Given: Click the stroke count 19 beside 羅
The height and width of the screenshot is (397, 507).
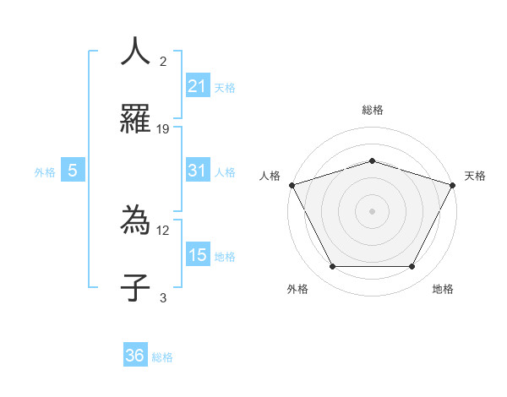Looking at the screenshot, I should [x=163, y=128].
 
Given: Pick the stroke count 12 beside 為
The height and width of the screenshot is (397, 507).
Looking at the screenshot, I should [x=163, y=229].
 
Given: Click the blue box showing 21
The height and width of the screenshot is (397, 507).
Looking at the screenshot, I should [x=198, y=85].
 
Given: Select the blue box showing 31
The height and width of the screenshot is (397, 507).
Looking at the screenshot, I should [x=198, y=171].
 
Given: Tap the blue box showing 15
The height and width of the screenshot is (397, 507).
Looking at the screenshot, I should [x=198, y=254].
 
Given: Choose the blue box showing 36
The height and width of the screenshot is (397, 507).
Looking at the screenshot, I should [x=135, y=356].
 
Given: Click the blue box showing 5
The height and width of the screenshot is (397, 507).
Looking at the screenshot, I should [x=73, y=171].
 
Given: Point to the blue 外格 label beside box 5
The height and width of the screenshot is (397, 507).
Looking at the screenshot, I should [x=45, y=171].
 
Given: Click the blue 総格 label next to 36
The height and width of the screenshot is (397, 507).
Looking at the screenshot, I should [x=162, y=357].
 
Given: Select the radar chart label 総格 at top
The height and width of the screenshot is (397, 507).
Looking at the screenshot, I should [x=372, y=110].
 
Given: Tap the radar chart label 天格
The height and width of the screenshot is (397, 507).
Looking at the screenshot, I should [x=476, y=176].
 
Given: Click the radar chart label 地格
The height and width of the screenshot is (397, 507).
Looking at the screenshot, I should [x=443, y=290].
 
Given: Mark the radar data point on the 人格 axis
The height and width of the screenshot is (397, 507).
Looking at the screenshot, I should [x=292, y=185].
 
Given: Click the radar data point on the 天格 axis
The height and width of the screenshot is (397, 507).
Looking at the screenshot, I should [x=452, y=185].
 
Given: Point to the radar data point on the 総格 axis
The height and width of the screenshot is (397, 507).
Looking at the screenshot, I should [x=372, y=160].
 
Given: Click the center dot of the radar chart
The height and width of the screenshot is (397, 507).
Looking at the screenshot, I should [x=372, y=210].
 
